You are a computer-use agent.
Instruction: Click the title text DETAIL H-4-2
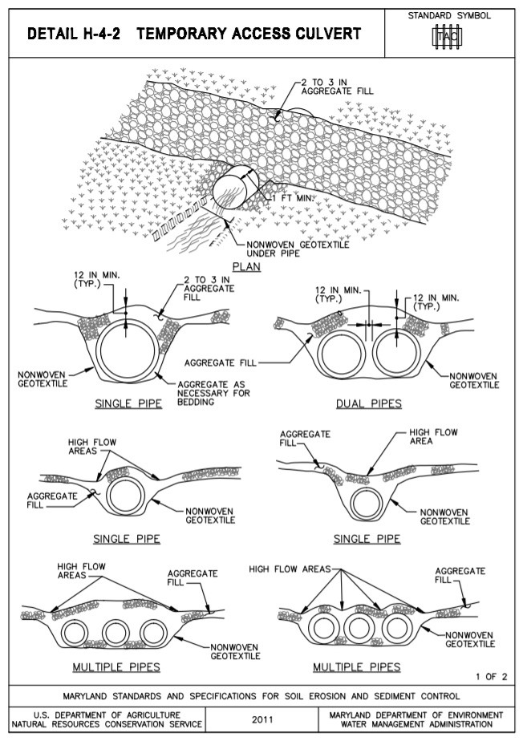coord(74,34)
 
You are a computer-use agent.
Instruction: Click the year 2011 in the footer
coord(261,719)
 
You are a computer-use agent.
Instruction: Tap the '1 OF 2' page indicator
coord(491,676)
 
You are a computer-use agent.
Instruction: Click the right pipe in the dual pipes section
coord(399,354)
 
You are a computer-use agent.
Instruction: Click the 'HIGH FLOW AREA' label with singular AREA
coord(432,438)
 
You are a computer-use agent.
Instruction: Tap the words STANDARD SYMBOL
coord(449,15)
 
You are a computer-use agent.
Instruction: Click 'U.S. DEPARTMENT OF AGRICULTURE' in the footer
coord(104,714)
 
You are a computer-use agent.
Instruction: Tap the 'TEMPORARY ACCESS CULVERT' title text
coord(254,34)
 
